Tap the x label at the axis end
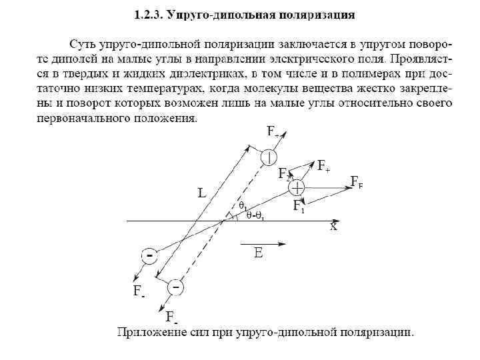(333, 227)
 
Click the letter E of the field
(258, 254)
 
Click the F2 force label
(285, 175)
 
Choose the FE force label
(357, 181)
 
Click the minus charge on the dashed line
(175, 287)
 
